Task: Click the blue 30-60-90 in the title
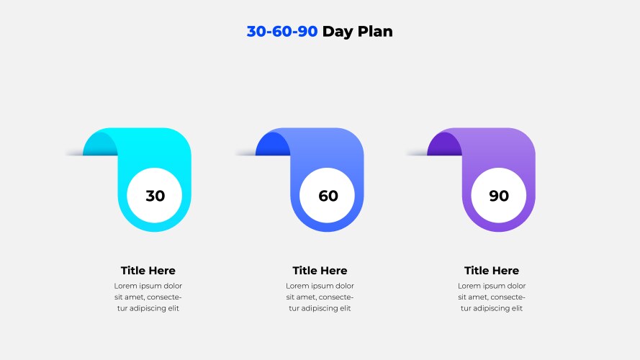[282, 32]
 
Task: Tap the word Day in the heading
[338, 32]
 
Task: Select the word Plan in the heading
[375, 32]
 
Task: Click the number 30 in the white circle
[155, 196]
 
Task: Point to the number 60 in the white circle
[328, 196]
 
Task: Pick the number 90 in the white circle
[499, 196]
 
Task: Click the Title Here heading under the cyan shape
[148, 271]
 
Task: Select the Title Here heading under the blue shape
[320, 271]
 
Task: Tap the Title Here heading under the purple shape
[492, 271]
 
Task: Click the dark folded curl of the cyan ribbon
[99, 145]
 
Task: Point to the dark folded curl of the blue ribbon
[272, 145]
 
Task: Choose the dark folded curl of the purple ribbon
[443, 145]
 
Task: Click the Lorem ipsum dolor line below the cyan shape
[148, 286]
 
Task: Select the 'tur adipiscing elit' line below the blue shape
[320, 308]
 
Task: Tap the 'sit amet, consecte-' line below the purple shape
[492, 297]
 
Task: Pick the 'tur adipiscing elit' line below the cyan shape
[148, 308]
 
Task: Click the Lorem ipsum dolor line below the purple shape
[492, 286]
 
